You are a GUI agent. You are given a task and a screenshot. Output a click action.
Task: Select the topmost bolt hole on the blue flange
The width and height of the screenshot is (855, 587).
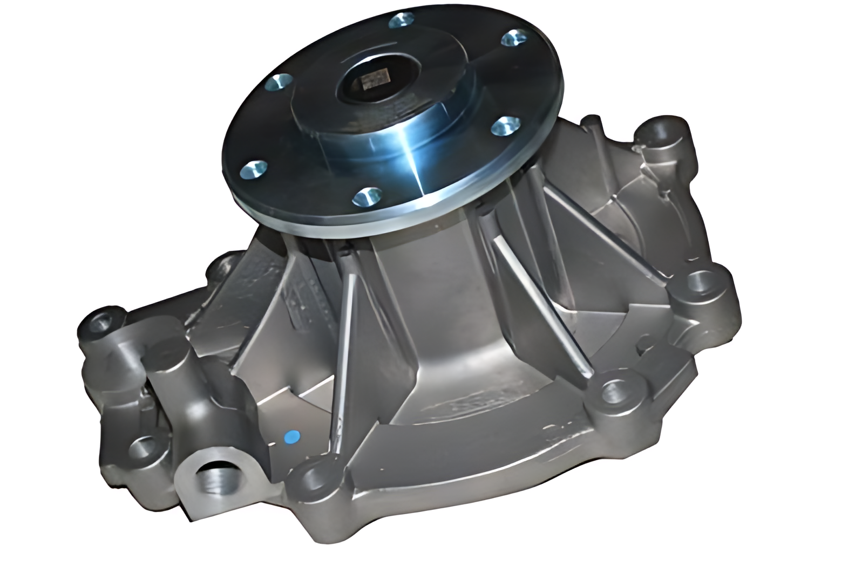coord(400,21)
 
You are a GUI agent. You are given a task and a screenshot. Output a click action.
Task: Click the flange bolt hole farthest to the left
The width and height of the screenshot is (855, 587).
coord(252,169)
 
